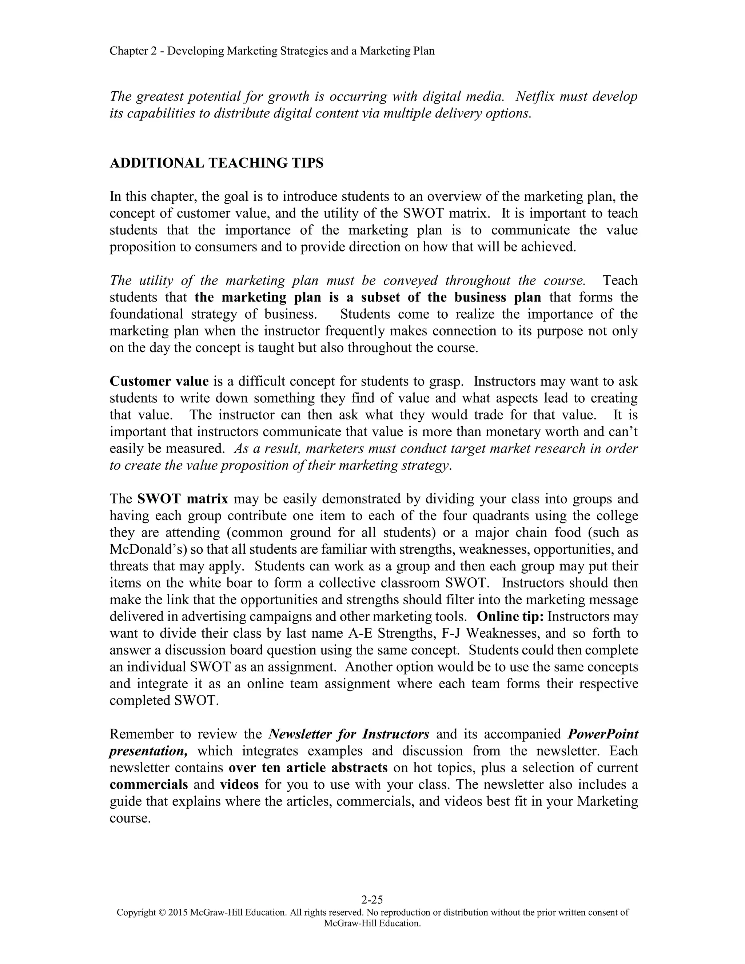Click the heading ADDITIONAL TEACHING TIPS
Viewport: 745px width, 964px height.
[x=216, y=163]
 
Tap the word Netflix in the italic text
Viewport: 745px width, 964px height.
[x=535, y=96]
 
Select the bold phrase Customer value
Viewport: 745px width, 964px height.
[x=159, y=381]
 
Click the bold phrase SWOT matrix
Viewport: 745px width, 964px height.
[x=183, y=499]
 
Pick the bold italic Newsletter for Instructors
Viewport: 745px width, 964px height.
[x=348, y=734]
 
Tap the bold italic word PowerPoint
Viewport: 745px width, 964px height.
[x=602, y=734]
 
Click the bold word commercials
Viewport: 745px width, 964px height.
[x=149, y=784]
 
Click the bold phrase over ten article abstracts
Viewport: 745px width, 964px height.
[x=308, y=768]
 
